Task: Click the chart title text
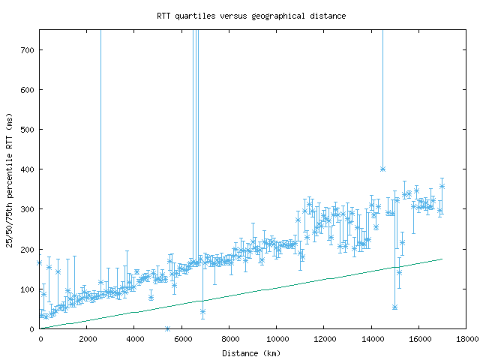coord(251,16)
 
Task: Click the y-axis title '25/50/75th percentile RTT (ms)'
coord(10,179)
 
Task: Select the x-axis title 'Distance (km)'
coord(252,352)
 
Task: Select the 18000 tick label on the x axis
coord(466,339)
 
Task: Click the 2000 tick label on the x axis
coord(87,339)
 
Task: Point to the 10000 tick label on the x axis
coord(276,339)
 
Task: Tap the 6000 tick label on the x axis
coord(181,339)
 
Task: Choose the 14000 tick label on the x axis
coord(371,339)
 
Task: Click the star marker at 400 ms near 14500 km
coord(382,169)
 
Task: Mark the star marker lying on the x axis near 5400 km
coord(167,328)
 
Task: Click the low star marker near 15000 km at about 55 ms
coord(394,307)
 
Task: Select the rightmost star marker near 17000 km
coord(442,186)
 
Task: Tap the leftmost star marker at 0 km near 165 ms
coord(40,262)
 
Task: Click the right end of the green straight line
coord(442,259)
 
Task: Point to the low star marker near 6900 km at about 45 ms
coord(202,311)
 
